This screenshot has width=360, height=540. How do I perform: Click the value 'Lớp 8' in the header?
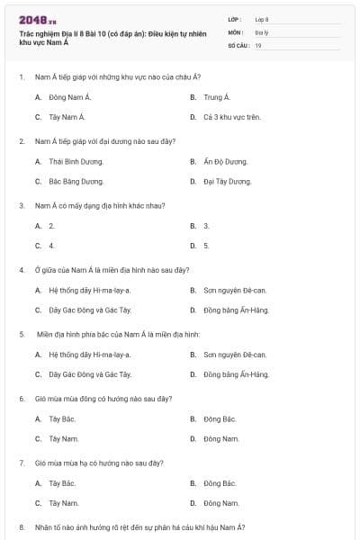[x=262, y=19]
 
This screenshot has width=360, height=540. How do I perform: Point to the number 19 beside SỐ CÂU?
[x=258, y=45]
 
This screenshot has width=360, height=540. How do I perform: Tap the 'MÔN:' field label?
[x=236, y=31]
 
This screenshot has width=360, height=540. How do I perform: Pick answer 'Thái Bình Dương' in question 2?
[x=76, y=161]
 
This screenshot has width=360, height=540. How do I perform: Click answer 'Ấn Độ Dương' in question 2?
[x=227, y=161]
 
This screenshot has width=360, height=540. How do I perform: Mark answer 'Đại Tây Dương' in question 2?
[x=227, y=181]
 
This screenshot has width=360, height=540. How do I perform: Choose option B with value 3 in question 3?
[x=206, y=226]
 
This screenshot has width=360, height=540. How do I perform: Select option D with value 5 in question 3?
[x=206, y=245]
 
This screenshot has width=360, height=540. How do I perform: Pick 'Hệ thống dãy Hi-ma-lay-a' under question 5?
[x=89, y=355]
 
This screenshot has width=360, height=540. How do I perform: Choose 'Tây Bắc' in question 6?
[x=61, y=418]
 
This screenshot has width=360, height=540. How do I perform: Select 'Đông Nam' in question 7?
[x=220, y=502]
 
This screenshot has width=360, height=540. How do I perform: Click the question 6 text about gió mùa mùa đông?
[x=99, y=398]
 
